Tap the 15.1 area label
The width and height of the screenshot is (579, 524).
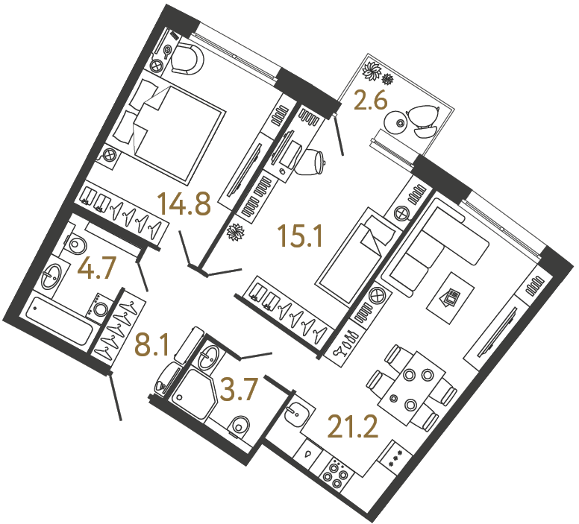tap(298, 237)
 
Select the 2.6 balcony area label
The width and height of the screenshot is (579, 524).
tap(371, 101)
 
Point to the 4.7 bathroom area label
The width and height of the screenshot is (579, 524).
tap(98, 269)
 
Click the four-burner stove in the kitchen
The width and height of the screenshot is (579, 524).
tap(334, 474)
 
